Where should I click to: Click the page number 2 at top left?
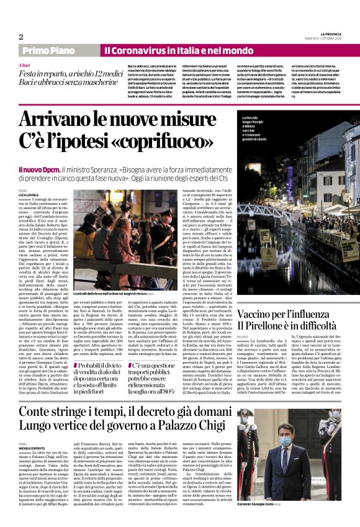[20, 37]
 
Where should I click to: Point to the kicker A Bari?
[24, 65]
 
